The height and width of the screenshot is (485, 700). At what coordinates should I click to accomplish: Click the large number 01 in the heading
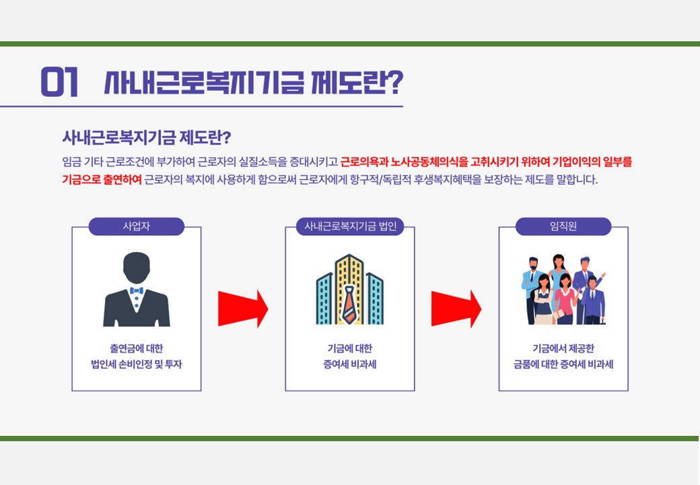(59, 82)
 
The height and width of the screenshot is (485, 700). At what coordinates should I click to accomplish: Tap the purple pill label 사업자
(137, 226)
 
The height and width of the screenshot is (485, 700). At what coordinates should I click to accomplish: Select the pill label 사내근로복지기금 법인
(350, 226)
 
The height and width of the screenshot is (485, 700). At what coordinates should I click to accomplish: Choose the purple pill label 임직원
(563, 226)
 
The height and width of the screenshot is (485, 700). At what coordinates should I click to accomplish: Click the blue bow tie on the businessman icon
(136, 291)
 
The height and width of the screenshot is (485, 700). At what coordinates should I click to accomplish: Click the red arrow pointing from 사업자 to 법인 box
(243, 309)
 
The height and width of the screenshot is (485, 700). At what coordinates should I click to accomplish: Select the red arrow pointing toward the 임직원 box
(456, 309)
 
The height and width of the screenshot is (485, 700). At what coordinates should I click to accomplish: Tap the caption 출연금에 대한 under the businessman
(137, 348)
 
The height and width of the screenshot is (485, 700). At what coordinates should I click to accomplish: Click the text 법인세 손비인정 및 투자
(137, 364)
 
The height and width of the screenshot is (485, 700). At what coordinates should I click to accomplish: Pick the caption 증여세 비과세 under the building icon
(350, 364)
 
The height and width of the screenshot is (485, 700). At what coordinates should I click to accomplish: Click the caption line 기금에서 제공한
(563, 348)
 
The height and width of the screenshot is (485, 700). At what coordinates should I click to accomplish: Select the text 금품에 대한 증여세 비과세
(563, 364)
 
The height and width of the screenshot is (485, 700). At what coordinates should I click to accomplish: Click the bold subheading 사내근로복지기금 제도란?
(147, 137)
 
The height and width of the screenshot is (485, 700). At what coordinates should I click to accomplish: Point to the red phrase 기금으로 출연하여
(102, 180)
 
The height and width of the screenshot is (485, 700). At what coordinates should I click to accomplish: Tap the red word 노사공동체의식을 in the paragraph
(429, 162)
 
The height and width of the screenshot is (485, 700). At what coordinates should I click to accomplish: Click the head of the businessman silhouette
(137, 267)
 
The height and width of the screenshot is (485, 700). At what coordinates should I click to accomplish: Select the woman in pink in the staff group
(565, 298)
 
